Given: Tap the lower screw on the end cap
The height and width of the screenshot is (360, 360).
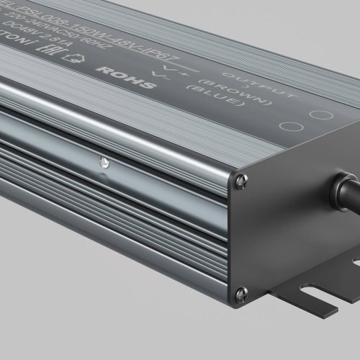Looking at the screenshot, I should pyautogui.click(x=243, y=292).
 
